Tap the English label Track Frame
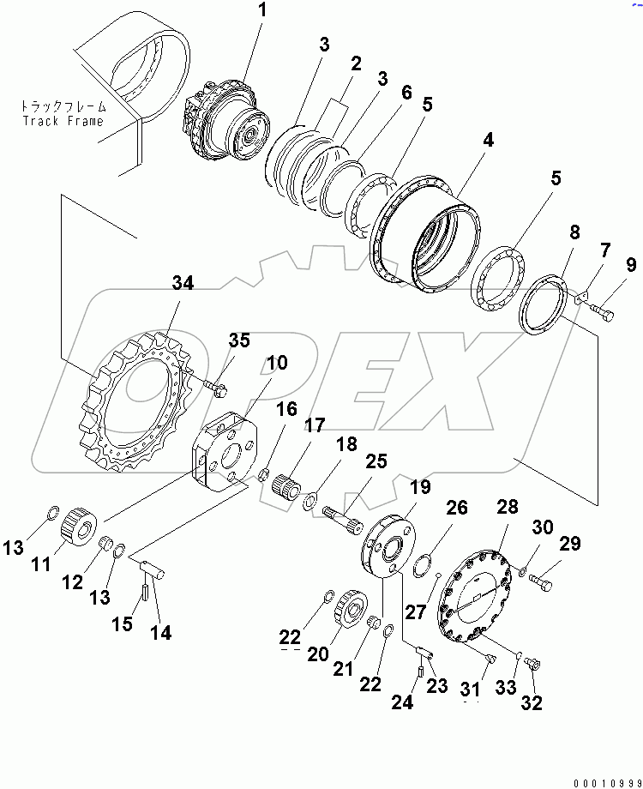coord(63,121)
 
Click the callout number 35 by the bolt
coord(238,340)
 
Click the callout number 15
coord(123,623)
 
